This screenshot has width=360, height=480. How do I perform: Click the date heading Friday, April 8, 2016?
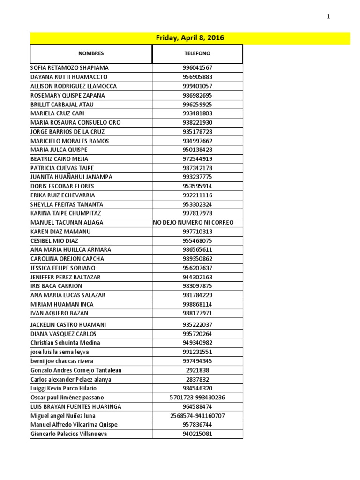(x=190, y=38)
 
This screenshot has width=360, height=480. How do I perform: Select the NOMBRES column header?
(x=91, y=54)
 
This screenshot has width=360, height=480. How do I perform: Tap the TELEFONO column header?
(x=197, y=54)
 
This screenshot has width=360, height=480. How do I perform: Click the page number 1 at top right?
(x=328, y=17)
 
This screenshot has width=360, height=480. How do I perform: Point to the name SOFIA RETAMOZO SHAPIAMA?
(x=69, y=68)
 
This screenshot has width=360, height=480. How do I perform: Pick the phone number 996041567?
(x=197, y=68)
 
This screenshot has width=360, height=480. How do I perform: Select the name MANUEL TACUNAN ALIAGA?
(x=67, y=223)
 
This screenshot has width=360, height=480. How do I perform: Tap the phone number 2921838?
(x=197, y=370)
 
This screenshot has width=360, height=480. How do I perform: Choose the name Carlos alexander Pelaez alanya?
(x=71, y=379)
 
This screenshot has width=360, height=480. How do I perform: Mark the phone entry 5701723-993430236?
(x=197, y=397)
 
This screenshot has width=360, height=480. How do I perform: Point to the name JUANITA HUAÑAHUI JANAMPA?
(x=71, y=177)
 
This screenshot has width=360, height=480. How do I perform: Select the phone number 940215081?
(x=197, y=434)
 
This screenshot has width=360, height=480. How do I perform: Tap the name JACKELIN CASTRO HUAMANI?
(x=68, y=325)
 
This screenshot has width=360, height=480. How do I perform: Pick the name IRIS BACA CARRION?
(x=56, y=286)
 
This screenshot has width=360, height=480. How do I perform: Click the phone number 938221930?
(x=197, y=123)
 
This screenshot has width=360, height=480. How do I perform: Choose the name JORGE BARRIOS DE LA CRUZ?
(x=67, y=132)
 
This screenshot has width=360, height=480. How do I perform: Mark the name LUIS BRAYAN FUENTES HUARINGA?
(x=75, y=406)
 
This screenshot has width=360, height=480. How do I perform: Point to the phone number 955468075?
(x=197, y=241)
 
